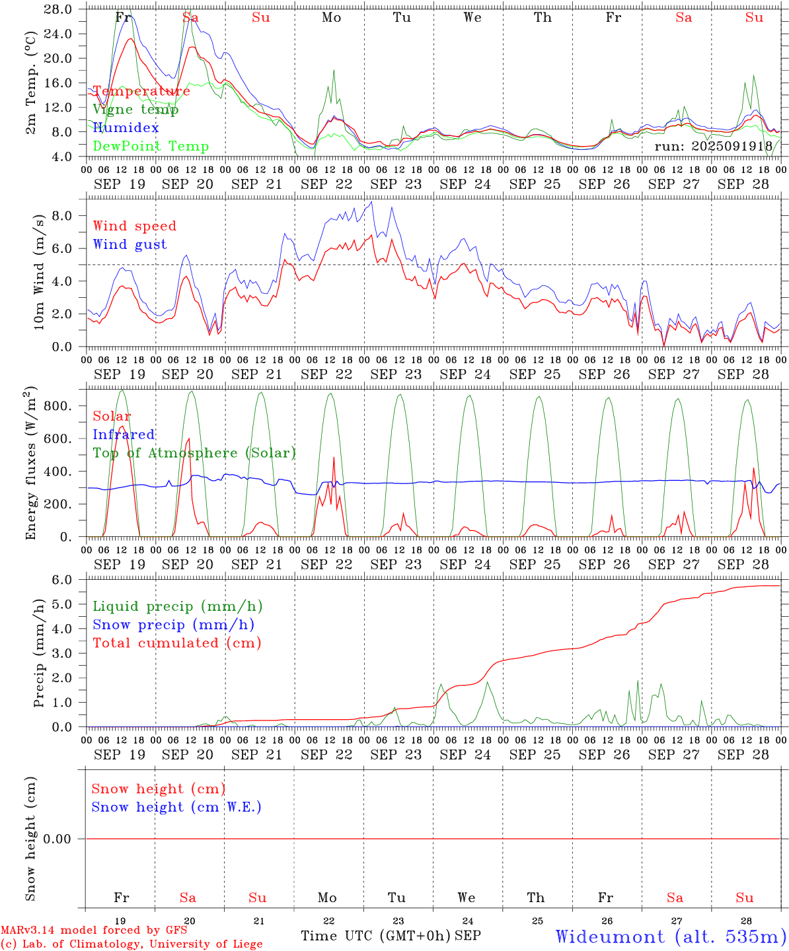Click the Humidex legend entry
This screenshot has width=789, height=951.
click(126, 127)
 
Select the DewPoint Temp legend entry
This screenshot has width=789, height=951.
click(151, 146)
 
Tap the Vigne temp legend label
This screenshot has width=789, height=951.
click(135, 109)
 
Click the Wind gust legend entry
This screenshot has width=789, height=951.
click(130, 244)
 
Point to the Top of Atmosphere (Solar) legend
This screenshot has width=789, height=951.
click(194, 453)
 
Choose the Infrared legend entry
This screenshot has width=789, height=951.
click(124, 435)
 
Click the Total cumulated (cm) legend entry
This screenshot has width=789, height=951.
click(177, 643)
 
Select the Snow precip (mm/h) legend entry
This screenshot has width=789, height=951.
click(173, 625)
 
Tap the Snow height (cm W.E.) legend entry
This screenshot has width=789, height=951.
click(176, 807)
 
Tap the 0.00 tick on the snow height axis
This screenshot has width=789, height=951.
click(65, 839)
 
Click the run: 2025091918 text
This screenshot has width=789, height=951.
click(713, 146)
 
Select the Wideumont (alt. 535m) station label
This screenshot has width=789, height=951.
click(670, 936)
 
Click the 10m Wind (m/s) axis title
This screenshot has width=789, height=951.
click(39, 271)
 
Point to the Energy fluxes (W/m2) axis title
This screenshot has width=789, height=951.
click(31, 464)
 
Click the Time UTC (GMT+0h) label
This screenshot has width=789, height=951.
click(375, 936)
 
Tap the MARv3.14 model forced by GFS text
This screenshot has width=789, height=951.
click(94, 931)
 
